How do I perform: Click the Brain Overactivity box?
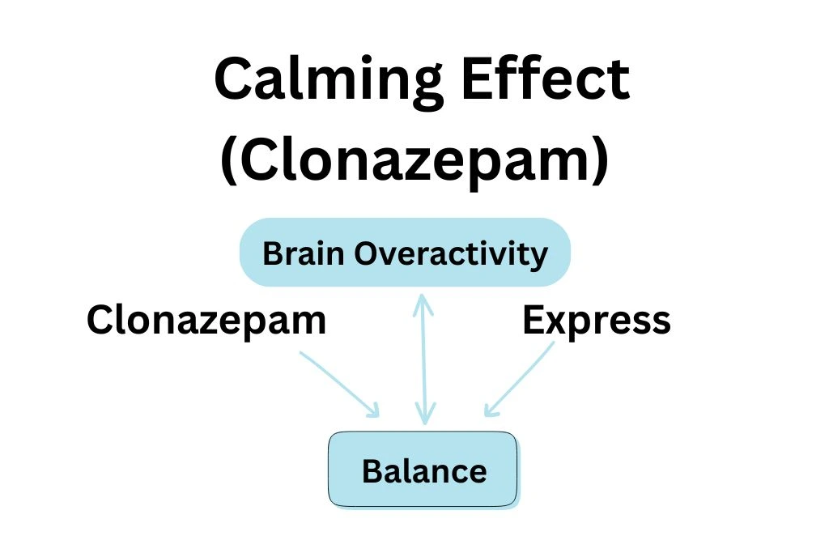405,253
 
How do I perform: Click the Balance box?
422,470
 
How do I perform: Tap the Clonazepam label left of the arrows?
206,321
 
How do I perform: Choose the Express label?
597,321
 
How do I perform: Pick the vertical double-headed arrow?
423,359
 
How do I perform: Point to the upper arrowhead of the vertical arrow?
422,301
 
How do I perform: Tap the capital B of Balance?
372,470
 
